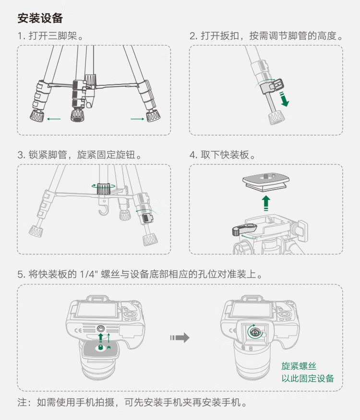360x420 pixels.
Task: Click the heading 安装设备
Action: pyautogui.click(x=40, y=19)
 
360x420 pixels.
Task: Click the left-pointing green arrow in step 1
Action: pyautogui.click(x=54, y=117)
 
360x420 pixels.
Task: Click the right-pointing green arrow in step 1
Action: pyautogui.click(x=137, y=117)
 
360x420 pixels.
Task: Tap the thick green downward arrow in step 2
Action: pyautogui.click(x=285, y=99)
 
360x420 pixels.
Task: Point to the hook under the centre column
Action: pyautogui.click(x=102, y=211)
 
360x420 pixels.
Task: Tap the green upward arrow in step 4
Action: pyautogui.click(x=267, y=202)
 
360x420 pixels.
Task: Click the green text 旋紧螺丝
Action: pyautogui.click(x=299, y=366)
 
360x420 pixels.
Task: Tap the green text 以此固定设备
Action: pyautogui.click(x=308, y=379)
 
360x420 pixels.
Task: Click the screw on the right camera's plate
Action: pyautogui.click(x=253, y=331)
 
